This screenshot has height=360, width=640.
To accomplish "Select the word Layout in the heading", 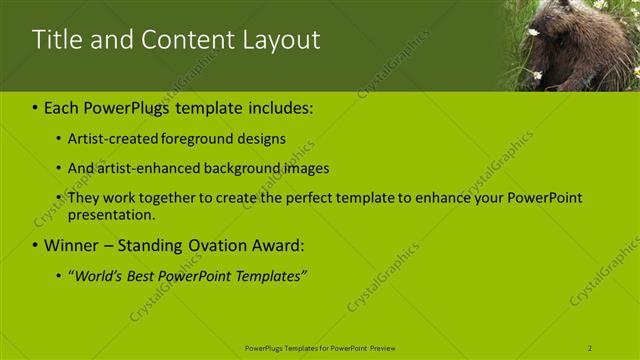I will coord(284,40).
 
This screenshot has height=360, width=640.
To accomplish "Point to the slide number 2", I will coord(590,348).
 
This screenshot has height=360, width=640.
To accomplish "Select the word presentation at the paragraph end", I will coord(110,214).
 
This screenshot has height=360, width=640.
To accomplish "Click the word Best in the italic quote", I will coord(149,276).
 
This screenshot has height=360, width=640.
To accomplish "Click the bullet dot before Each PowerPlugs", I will coord(35,106).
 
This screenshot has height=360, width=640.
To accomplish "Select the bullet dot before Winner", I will coord(35,246).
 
